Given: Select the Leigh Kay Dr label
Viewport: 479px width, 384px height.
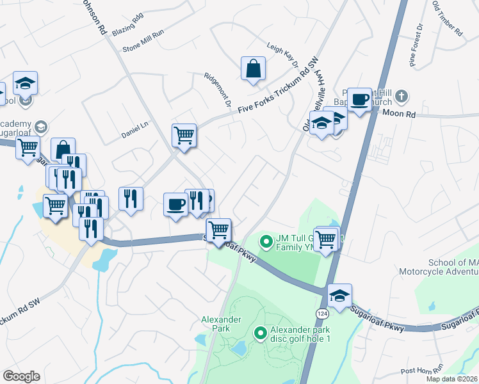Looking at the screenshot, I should click(283, 55).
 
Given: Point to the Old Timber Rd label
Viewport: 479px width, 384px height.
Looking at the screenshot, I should click(447, 19).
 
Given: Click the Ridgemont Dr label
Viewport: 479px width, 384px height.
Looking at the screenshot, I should click(216, 89).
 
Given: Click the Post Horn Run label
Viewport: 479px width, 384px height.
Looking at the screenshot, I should click(421, 371).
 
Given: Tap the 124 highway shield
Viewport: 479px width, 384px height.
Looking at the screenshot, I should click(321, 312).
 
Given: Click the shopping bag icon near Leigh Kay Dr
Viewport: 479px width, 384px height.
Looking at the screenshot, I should click(253, 68).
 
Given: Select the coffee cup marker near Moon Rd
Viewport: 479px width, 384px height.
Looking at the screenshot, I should click(359, 99).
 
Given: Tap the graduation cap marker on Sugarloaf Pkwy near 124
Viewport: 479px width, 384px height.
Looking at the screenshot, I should click(339, 295).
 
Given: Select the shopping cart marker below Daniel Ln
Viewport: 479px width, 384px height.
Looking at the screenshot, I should click(184, 136).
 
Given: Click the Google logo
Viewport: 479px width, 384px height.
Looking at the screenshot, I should click(21, 376).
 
